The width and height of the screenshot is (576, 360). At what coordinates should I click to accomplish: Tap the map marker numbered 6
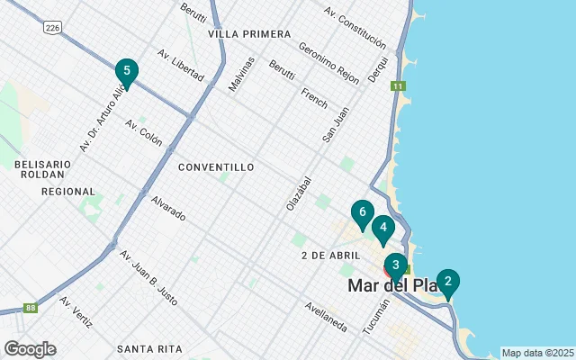tap(362, 214)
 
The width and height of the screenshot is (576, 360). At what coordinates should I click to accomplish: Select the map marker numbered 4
tap(383, 229)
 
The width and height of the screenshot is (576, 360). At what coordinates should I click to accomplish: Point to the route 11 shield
tap(397, 86)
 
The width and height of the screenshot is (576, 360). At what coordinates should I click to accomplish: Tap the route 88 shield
tap(31, 308)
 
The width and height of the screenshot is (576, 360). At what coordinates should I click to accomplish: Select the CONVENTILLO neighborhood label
tap(216, 167)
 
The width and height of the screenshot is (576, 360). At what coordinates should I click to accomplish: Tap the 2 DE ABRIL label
tap(330, 256)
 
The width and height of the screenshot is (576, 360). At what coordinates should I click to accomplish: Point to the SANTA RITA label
tap(149, 348)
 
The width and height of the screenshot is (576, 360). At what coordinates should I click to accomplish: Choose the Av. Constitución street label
tap(356, 28)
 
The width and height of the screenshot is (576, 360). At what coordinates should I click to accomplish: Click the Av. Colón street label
tap(144, 131)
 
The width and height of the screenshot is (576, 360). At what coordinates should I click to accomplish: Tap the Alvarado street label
tap(168, 209)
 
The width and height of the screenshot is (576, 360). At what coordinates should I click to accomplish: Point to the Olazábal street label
tap(298, 193)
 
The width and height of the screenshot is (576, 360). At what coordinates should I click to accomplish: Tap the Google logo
tap(30, 349)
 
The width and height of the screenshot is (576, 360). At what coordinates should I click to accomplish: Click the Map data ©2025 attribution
tap(537, 353)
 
